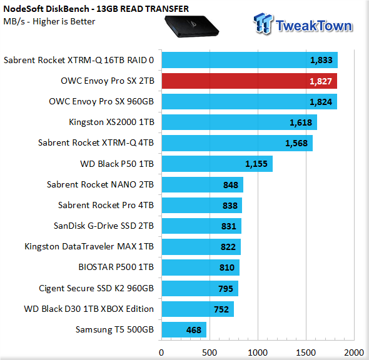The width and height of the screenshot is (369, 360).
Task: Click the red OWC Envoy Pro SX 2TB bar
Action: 249,81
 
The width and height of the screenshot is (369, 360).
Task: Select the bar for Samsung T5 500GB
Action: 184,329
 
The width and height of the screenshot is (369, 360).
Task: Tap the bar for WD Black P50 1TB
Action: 217,164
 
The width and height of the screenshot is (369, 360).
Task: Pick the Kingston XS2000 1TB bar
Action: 240,122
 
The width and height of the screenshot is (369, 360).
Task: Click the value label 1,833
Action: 321,60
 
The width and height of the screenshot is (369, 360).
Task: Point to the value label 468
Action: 194,330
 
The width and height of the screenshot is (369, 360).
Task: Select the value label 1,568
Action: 296,143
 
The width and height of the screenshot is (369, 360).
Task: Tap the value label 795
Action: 225,289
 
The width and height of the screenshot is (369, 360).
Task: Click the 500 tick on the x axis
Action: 210,352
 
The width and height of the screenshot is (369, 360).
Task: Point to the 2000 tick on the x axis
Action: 354,352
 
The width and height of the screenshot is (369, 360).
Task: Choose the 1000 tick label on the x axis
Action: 258,352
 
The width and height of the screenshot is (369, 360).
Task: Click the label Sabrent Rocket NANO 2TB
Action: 100,184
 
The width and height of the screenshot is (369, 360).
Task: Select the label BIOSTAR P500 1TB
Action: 116,267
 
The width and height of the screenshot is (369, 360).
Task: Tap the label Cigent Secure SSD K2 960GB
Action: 96,288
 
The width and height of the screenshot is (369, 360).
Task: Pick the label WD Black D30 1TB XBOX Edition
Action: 89,309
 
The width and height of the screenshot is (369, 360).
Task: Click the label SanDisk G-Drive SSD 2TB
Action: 104,226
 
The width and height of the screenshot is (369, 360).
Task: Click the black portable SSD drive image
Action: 191,26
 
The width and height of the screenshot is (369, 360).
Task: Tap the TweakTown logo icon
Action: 263,24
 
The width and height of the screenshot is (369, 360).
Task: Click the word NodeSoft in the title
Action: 24,9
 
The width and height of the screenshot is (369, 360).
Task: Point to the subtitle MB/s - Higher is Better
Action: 49,21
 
